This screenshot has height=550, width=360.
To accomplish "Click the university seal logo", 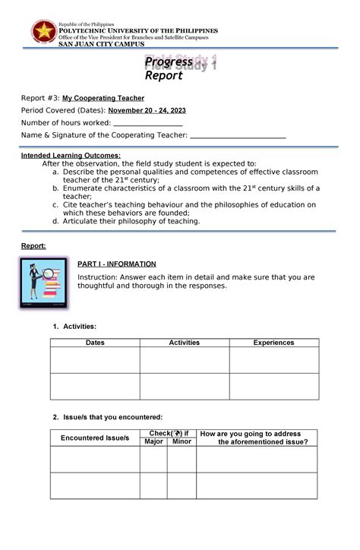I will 43,31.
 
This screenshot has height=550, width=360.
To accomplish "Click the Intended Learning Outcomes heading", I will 70,156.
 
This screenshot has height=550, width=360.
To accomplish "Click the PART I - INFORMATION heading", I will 117,264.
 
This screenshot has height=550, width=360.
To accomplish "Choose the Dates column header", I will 95,343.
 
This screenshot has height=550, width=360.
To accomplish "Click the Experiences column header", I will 273,343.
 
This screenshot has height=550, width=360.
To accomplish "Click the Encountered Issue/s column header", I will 95,438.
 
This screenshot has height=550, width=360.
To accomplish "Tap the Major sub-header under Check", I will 154,441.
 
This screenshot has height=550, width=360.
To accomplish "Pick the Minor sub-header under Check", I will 182,441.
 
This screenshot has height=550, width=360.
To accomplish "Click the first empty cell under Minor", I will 182,460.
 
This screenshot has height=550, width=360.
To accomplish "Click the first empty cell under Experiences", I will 273,360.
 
